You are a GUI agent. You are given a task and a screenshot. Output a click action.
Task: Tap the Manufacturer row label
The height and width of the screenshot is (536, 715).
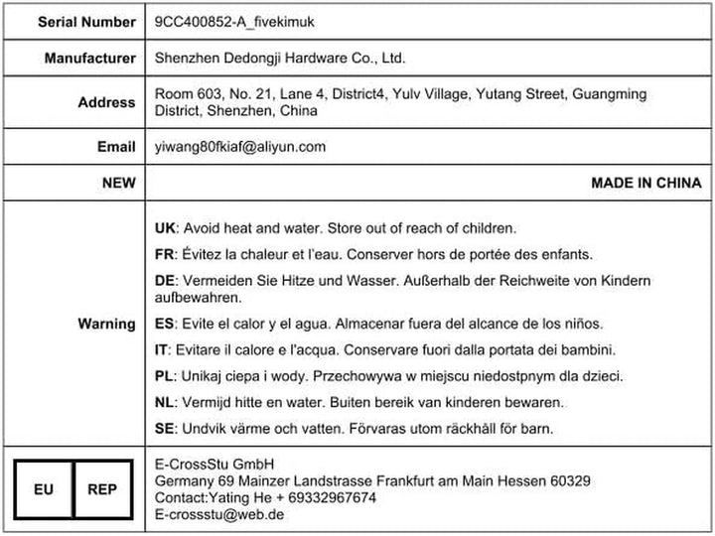[x=89, y=59]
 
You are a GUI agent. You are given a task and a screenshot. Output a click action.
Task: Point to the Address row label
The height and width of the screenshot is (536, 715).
[x=106, y=102]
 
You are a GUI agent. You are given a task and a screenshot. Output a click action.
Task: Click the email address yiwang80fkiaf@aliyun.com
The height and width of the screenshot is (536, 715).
[x=240, y=147]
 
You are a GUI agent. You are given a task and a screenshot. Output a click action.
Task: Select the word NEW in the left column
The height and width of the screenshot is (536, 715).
[x=118, y=183]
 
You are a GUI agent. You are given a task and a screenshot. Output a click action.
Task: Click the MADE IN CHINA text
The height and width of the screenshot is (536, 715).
[x=645, y=183]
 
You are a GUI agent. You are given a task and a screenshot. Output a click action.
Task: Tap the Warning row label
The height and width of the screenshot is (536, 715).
[x=106, y=324]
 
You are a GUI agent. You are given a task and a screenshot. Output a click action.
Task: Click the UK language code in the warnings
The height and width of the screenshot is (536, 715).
[x=166, y=227]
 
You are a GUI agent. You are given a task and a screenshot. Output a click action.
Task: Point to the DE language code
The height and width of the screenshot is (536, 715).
[x=166, y=281]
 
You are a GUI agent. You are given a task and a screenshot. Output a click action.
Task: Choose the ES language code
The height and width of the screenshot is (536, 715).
[x=166, y=325]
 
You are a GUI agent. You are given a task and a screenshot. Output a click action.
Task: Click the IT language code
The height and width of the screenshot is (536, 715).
[x=163, y=349]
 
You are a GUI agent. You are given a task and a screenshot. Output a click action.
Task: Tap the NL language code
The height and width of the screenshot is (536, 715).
[x=166, y=402]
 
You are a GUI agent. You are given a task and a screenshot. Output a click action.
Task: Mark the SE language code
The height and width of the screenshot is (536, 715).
[x=166, y=429]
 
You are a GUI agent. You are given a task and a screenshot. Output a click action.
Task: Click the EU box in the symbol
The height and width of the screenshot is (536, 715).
[x=45, y=489]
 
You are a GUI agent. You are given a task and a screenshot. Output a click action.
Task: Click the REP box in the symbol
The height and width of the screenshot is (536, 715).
[x=102, y=489]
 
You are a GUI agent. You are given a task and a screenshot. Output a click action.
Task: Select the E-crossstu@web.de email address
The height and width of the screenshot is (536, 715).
[x=219, y=514]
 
